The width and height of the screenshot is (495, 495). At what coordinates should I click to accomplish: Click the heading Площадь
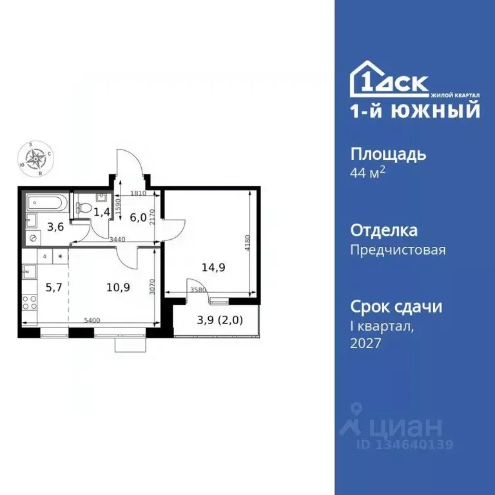tap(388, 154)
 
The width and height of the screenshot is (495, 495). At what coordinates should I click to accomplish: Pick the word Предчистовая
tap(398, 249)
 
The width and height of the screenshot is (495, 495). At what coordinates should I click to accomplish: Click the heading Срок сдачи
tap(396, 306)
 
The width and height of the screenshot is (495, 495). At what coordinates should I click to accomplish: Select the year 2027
tap(365, 344)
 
